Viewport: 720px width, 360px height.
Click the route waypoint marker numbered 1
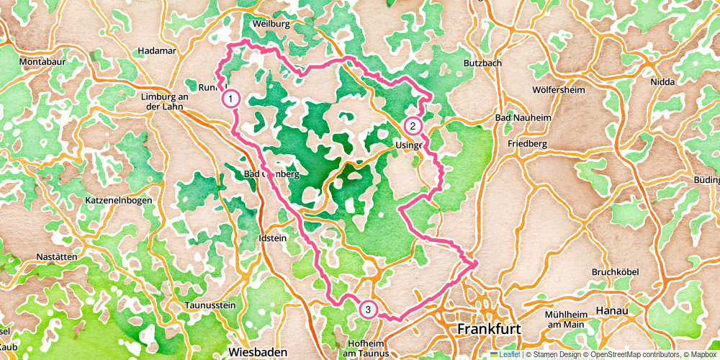tap(230, 98)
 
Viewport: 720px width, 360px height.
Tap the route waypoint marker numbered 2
tap(413, 126)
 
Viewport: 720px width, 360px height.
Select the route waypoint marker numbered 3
tap(368, 310)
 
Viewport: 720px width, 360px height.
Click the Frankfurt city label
tap(489, 329)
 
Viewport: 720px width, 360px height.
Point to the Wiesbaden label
tap(258, 351)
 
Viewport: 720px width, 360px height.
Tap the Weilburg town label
tap(271, 24)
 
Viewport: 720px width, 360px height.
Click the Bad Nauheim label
tap(523, 117)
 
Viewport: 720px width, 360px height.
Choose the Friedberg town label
tap(527, 144)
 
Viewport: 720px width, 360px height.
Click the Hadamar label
tap(156, 51)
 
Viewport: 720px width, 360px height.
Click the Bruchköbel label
tap(616, 271)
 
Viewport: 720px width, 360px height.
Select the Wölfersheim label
tap(558, 90)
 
